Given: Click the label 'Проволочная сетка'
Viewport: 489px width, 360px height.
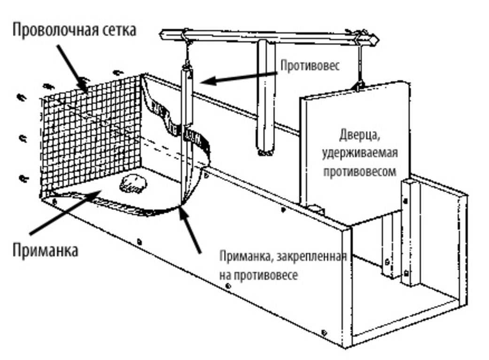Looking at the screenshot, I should coord(74,30).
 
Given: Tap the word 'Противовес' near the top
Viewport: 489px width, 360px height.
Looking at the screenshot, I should coord(310,66).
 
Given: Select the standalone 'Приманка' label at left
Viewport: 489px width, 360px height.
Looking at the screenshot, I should coord(45,250).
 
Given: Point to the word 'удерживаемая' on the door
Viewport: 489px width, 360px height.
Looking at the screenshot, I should coord(360,153).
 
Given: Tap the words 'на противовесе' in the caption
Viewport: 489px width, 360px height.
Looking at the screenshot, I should coord(258,275).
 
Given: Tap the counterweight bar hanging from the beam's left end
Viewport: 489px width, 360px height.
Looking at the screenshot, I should coord(188,96).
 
